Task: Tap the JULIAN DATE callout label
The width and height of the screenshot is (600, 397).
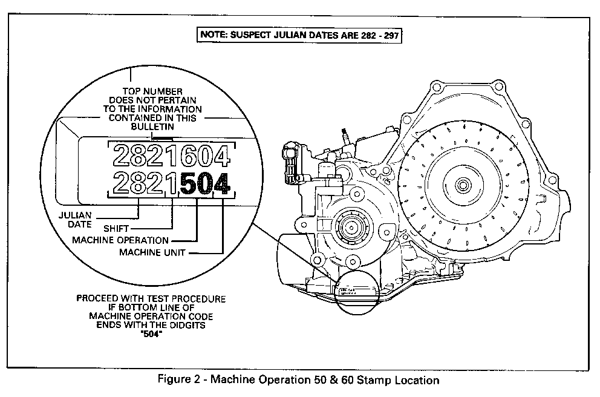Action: [x=76, y=219]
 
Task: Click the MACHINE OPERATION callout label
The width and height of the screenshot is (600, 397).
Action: [x=120, y=240]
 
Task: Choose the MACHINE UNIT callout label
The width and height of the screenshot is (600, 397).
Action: [x=152, y=252]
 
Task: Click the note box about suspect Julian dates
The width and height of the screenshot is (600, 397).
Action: [x=300, y=34]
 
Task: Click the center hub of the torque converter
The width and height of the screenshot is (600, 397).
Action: [x=464, y=184]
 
